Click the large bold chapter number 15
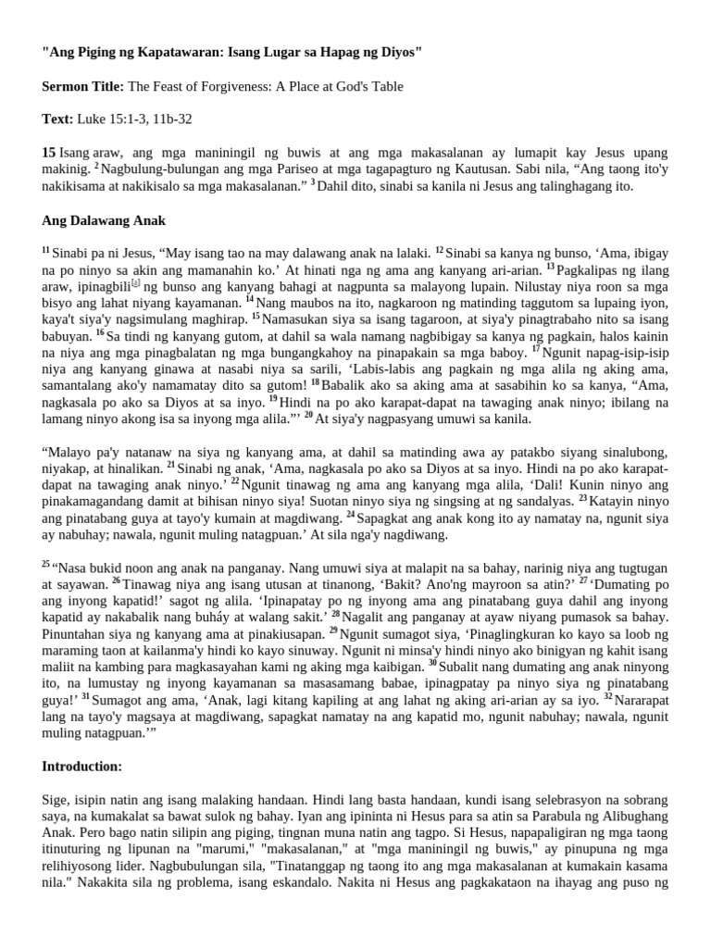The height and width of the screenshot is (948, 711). click(49, 152)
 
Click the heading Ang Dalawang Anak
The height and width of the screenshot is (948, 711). click(104, 219)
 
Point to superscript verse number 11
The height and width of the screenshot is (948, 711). click(46, 250)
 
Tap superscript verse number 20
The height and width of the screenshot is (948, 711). click(307, 416)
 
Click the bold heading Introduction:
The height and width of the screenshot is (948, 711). click(82, 767)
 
